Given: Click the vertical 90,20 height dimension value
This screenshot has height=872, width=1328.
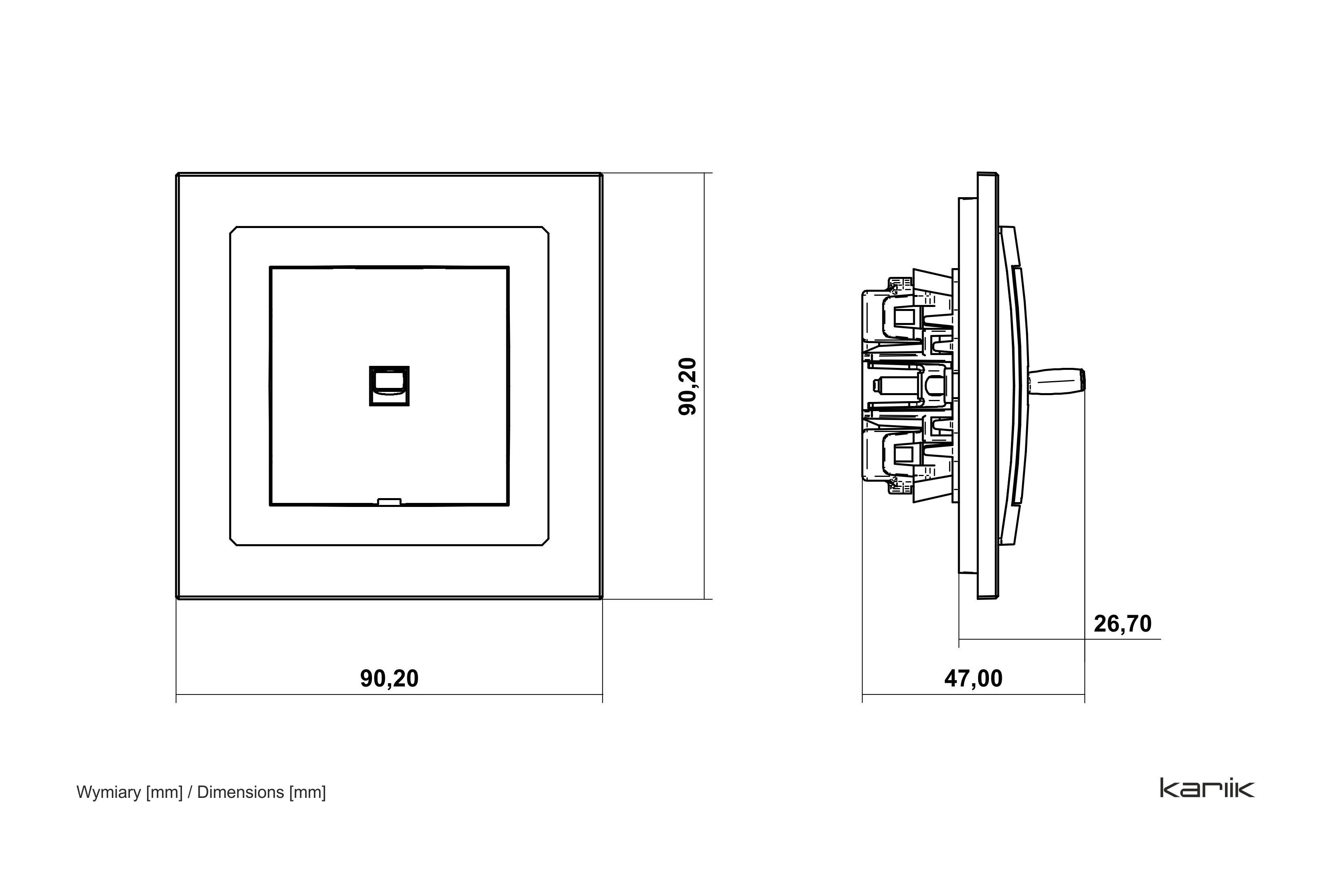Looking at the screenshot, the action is (688, 386).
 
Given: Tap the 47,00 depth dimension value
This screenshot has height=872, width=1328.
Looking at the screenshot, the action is (973, 678).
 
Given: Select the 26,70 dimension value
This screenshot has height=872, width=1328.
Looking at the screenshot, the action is (1123, 624).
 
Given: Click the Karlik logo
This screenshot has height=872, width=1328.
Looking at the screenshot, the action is (1207, 788).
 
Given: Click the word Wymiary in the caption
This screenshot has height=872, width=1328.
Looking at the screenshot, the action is (109, 793).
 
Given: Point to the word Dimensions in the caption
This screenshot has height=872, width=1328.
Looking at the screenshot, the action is (241, 792).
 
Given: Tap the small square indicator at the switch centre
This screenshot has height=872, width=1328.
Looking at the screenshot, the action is (389, 386).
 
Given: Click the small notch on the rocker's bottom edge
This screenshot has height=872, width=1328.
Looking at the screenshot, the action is (389, 502).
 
